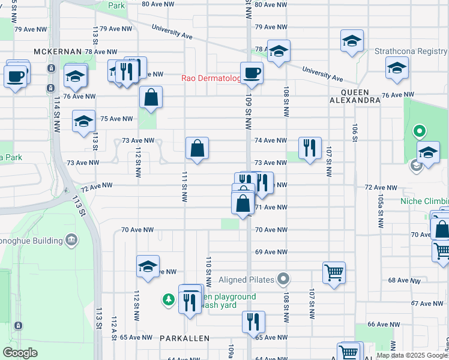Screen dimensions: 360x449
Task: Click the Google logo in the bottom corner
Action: tap(20, 353)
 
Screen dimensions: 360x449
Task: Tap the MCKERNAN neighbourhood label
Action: tap(58, 52)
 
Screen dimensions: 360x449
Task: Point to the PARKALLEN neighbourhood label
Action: tap(185, 338)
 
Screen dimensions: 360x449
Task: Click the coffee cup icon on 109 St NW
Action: tap(252, 73)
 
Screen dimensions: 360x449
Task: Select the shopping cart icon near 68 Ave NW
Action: tap(334, 273)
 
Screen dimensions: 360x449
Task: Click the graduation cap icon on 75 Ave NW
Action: tap(83, 121)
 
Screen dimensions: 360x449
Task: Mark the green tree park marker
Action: tap(169, 299)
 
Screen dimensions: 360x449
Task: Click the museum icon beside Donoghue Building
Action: tap(72, 241)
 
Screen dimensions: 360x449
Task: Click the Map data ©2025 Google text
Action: tap(412, 355)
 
